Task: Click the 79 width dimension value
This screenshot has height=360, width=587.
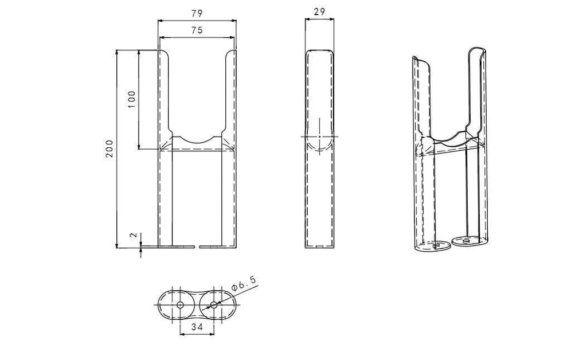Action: pos(197,14)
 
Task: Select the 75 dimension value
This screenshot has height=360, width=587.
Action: pos(197,30)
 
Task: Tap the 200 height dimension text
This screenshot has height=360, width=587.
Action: pos(109,148)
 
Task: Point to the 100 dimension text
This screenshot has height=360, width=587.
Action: pos(132,100)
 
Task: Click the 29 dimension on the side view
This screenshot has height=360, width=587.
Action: pos(319,11)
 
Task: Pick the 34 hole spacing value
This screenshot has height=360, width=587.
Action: pos(197,327)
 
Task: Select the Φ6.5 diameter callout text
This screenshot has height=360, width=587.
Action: pos(244,283)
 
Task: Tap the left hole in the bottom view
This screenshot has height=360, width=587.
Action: pos(180,305)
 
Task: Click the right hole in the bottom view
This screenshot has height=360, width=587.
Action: pos(214,305)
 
